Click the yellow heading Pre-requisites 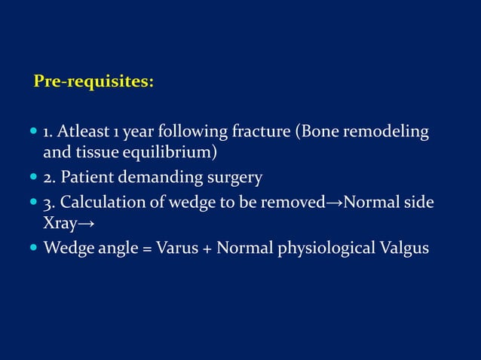[94, 81]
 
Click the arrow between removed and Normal [334, 204]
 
